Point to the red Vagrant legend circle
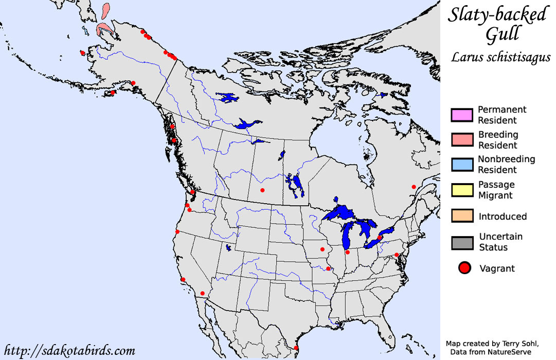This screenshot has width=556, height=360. point(465,268)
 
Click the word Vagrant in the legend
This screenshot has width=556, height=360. point(497,268)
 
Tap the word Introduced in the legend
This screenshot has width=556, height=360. point(502,217)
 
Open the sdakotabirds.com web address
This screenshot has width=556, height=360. point(69,351)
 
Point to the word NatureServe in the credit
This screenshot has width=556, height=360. point(518,352)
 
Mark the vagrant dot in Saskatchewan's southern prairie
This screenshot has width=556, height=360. point(262,190)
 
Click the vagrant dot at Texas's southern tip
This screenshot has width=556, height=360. point(296,348)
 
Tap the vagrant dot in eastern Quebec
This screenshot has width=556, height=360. point(414,187)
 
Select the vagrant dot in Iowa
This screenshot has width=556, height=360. point(323,250)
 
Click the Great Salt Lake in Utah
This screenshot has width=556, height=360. point(228,247)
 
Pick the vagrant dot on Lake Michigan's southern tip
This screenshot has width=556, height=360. point(347,252)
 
